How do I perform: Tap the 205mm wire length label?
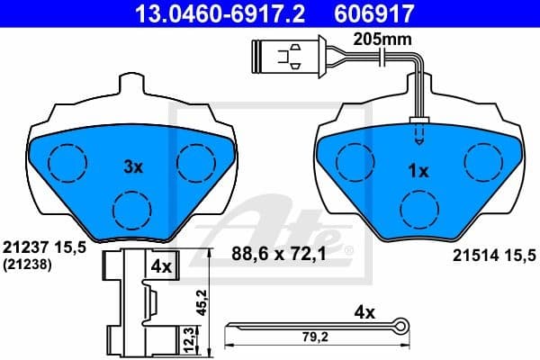click(x=377, y=39)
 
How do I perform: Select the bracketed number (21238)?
click(x=27, y=265)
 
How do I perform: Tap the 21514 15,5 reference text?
click(x=491, y=256)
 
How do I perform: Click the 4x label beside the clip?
click(x=162, y=266)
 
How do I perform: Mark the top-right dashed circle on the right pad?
click(x=481, y=160)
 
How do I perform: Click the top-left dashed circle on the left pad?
click(x=65, y=162)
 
